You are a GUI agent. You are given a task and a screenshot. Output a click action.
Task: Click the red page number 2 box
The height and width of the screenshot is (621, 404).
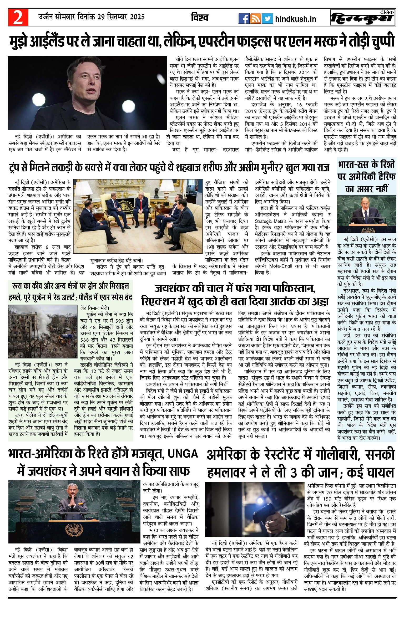click(18, 18)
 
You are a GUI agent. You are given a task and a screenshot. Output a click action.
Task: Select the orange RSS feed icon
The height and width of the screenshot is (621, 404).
click(255, 18)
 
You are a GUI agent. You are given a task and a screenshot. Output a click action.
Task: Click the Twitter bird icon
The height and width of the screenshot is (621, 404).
click(267, 18)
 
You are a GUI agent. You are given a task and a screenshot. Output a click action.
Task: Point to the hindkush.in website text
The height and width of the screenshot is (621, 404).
click(295, 19)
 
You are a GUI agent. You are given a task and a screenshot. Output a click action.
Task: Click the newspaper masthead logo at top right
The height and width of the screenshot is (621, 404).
click(363, 18)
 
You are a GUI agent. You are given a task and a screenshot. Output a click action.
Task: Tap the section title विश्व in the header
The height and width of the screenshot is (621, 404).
click(200, 17)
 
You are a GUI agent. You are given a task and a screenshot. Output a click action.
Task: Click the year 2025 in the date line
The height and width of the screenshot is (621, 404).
click(136, 17)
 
